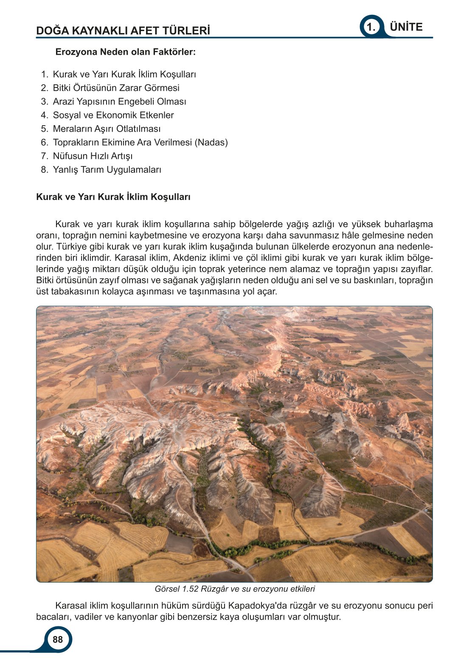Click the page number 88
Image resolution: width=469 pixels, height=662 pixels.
click(58, 639)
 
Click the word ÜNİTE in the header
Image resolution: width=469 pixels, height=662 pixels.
click(406, 27)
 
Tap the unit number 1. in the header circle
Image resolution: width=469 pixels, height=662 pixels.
click(371, 28)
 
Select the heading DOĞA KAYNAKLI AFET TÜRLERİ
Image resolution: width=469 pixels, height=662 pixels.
click(123, 31)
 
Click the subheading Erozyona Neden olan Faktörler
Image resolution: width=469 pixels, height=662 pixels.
click(126, 52)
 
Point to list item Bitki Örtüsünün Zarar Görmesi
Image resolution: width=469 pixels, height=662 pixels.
click(116, 88)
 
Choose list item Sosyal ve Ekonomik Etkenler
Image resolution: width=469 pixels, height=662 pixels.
click(113, 115)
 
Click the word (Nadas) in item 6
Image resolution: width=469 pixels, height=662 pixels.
click(211, 142)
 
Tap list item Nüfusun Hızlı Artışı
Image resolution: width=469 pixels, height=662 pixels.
click(93, 156)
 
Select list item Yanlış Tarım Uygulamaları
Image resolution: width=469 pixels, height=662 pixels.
click(107, 169)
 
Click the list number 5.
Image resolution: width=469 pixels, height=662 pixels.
click(45, 129)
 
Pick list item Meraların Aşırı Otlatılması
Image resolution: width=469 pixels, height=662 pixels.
click(107, 129)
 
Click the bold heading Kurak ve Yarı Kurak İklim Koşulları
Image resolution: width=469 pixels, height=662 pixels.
click(113, 197)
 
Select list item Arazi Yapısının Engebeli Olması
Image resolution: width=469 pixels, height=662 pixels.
click(119, 101)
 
